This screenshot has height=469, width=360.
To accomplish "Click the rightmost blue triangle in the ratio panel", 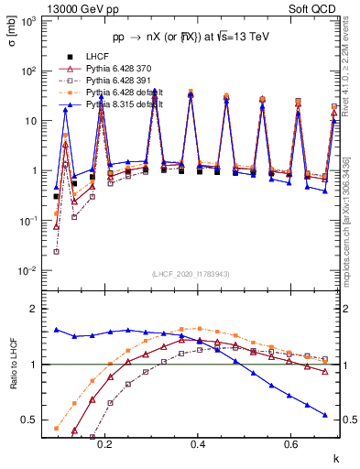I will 324,414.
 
